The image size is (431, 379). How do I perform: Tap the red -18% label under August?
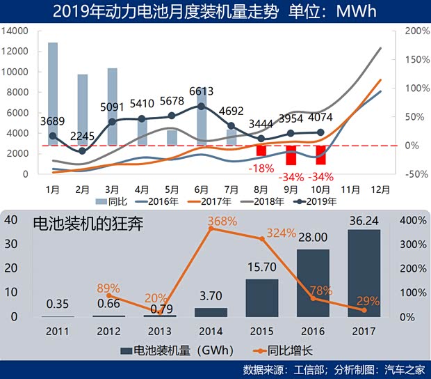[261, 167]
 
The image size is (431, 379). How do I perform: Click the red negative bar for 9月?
[291, 155]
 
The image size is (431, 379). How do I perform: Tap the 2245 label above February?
[82, 136]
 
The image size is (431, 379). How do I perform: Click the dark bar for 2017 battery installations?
[364, 273]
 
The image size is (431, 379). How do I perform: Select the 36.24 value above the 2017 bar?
[364, 220]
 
